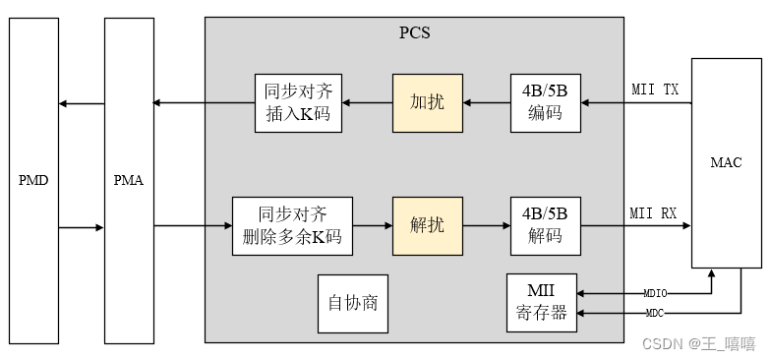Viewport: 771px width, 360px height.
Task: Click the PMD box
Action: pos(33,181)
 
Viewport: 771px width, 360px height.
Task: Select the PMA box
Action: pos(129,181)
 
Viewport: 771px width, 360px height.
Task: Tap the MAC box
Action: pos(726,162)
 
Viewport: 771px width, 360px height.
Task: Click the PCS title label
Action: pos(414,31)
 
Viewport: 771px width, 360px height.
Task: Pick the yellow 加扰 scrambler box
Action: pos(427,102)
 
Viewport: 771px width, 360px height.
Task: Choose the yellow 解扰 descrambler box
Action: pos(427,225)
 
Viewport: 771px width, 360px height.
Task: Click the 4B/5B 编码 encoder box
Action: pos(546,102)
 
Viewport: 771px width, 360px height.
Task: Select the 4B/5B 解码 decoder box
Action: pos(546,225)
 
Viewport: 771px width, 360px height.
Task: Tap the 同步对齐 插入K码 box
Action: pos(298,102)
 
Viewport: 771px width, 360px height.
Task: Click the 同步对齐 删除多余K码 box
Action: pos(292,225)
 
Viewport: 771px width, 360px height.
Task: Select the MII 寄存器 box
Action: pos(541,303)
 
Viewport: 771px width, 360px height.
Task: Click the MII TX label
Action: pos(654,90)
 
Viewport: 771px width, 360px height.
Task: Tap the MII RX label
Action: pos(653,212)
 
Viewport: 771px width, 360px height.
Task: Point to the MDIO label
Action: pos(655,293)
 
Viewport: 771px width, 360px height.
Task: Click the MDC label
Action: pos(654,313)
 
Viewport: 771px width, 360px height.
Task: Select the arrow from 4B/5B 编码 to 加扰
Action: pos(486,102)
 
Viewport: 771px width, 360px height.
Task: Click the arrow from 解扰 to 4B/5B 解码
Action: pos(486,225)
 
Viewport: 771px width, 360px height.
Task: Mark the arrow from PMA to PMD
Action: pos(81,103)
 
